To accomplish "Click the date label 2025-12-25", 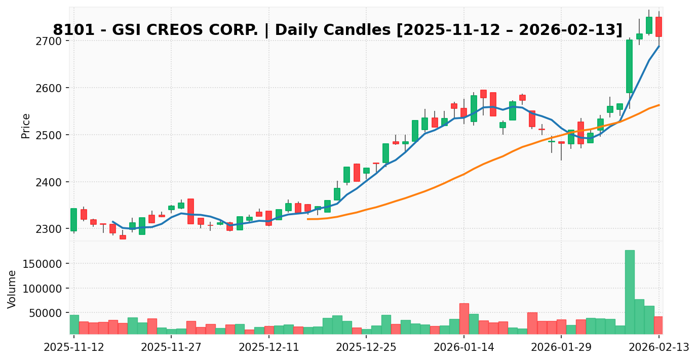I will click(366, 348).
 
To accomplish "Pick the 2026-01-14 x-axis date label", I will click(464, 348).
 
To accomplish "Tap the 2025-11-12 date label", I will click(74, 348).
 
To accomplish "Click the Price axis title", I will click(26, 126).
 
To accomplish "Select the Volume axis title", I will click(12, 289).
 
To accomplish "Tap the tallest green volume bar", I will click(630, 292).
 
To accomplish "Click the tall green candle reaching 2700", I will click(630, 66).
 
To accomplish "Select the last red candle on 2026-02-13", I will click(659, 27).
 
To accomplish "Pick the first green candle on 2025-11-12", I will click(74, 220).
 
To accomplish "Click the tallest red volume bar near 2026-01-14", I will click(464, 318).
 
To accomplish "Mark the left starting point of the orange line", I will click(307, 219).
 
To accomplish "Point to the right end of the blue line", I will click(659, 46).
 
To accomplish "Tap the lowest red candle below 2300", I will click(123, 237).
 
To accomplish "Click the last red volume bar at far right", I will click(659, 325).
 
